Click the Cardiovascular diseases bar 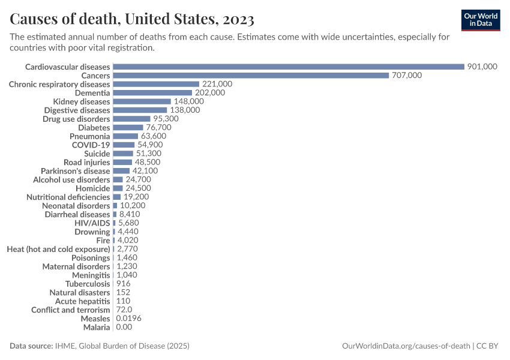click(x=289, y=67)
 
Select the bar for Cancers click(x=251, y=76)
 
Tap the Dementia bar click(x=152, y=93)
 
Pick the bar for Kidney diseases click(x=142, y=101)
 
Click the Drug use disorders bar click(x=131, y=119)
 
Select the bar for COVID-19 click(x=124, y=145)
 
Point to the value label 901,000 click(x=482, y=67)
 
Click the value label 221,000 click(x=217, y=84)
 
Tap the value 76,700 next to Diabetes click(x=158, y=127)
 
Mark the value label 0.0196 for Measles click(x=128, y=319)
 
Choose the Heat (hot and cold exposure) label click(x=58, y=249)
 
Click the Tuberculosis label click(x=88, y=284)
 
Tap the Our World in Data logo click(x=481, y=20)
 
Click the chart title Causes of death click(x=132, y=19)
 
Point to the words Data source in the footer click(x=31, y=346)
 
